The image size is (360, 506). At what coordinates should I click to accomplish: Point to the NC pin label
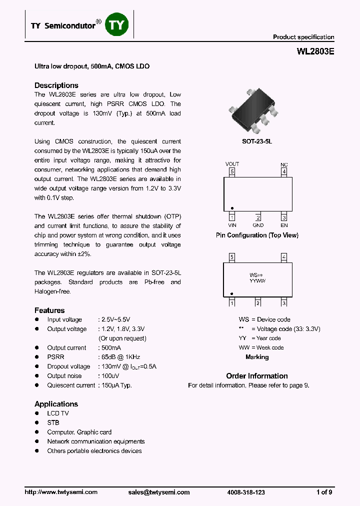284,164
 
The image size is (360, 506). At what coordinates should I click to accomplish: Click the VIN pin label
231,225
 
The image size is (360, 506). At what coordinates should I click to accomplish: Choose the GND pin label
258,225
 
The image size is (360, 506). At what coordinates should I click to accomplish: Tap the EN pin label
284,225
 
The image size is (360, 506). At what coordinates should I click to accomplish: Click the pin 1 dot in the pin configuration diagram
232,208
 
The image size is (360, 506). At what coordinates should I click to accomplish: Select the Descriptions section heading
56,85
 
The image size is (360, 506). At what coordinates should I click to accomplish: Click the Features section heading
49,310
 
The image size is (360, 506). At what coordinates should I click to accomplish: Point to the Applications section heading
56,404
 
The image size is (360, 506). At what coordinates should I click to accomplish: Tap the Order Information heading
257,376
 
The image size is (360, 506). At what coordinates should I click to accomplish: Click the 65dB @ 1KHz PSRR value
120,357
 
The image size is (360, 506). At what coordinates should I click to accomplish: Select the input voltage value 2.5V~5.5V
116,319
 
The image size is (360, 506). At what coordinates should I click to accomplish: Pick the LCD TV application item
58,413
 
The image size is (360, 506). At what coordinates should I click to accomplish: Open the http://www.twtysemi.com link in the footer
61,492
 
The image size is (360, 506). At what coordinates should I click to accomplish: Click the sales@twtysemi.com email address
159,492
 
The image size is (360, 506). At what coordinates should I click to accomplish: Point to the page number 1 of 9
324,492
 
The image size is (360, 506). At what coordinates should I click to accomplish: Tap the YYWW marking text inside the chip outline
257,281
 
